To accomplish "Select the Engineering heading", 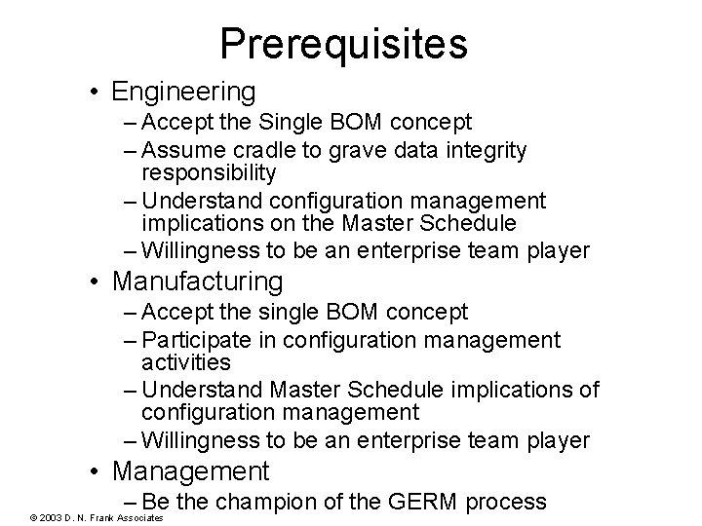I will [x=184, y=92].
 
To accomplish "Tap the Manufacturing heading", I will [x=198, y=282].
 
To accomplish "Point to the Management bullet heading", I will [x=190, y=471].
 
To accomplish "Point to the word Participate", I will [x=203, y=340].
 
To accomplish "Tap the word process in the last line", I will [x=507, y=503].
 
